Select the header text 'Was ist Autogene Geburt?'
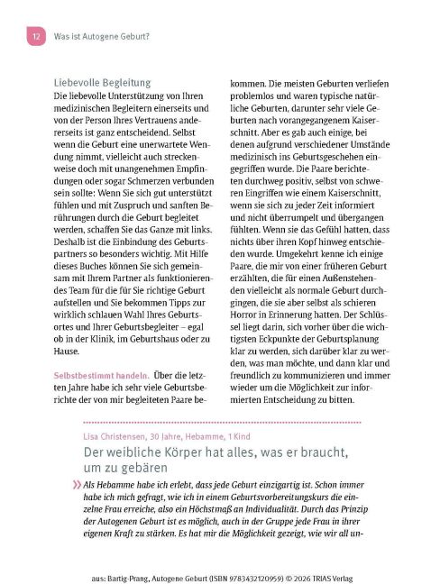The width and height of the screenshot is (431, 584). tap(102, 37)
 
